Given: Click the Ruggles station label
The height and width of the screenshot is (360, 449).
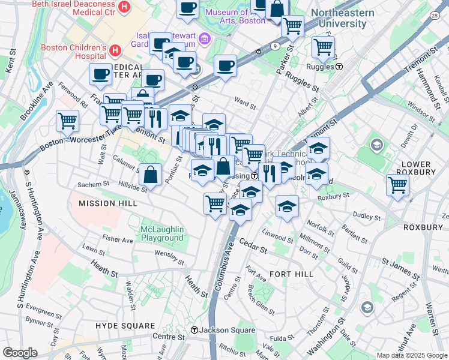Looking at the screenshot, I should [x=319, y=67].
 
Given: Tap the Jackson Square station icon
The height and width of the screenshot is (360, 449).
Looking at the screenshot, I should [x=194, y=330].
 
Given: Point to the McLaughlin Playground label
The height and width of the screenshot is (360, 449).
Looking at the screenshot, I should [x=161, y=233].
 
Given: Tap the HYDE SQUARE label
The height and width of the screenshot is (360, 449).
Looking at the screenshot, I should [x=125, y=325].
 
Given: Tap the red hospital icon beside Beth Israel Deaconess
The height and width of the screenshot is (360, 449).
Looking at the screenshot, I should [x=124, y=7].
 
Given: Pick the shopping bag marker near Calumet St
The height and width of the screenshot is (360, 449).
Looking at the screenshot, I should [x=151, y=175].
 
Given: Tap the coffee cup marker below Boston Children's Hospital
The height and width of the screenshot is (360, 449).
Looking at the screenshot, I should [x=100, y=74].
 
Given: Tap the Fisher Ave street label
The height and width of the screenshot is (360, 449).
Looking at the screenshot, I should [x=118, y=239].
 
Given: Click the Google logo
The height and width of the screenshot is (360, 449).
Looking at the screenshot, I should [x=20, y=353].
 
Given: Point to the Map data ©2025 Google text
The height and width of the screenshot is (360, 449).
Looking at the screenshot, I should [x=411, y=355].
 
